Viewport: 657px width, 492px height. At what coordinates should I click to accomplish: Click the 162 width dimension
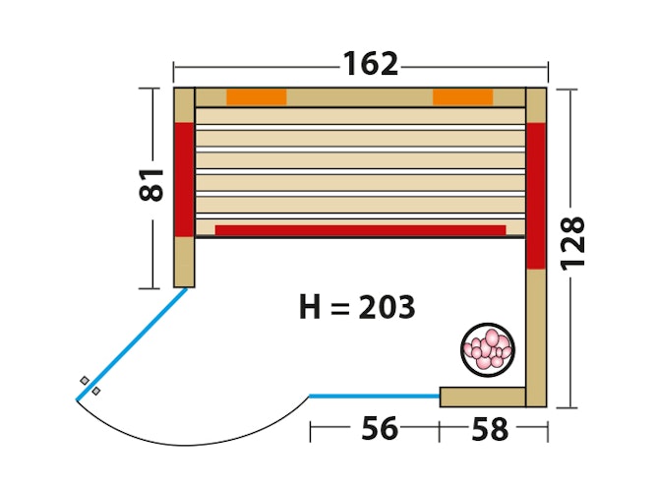click(x=371, y=64)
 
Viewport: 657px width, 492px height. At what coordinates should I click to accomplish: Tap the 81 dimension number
click(x=150, y=185)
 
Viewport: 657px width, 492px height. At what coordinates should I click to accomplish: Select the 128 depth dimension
click(x=572, y=243)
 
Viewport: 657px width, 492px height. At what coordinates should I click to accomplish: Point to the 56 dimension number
click(x=380, y=428)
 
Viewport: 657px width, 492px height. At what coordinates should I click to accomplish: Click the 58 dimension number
click(x=490, y=429)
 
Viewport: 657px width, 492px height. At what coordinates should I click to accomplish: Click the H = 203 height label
click(x=357, y=307)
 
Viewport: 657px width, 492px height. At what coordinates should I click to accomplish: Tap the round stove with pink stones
click(x=488, y=349)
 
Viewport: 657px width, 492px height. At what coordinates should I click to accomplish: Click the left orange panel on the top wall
click(x=257, y=96)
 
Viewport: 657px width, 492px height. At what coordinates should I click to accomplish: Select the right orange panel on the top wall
click(x=462, y=96)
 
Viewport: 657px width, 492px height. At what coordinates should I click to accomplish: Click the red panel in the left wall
click(x=184, y=180)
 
